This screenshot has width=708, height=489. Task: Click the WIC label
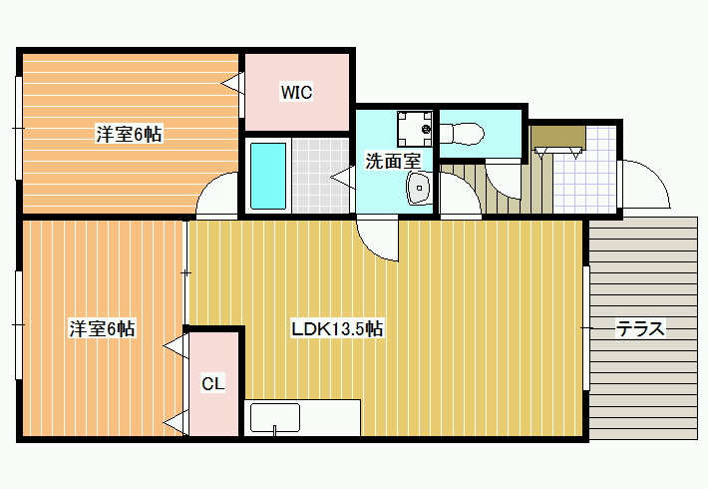296,92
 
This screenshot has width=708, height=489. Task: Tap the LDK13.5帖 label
337,328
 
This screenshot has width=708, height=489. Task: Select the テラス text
641,328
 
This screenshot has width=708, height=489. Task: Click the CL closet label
212,383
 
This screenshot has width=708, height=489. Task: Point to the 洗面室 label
393,161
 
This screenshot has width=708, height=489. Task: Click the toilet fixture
462,134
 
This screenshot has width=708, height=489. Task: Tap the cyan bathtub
268,176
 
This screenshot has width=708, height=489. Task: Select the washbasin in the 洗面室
420,188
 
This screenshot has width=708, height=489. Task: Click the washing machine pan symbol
415,129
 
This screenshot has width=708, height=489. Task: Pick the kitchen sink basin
275,417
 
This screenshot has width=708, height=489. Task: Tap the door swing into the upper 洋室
216,194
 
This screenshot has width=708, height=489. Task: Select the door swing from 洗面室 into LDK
378,240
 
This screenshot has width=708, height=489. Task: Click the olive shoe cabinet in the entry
558,137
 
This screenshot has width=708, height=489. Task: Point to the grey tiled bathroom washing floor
320,176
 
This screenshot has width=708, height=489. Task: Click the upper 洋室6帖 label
129,134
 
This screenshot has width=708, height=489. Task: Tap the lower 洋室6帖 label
102,328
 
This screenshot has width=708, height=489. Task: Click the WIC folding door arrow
232,83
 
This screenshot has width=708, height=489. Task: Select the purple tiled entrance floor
584,169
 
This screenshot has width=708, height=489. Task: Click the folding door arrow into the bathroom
343,177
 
